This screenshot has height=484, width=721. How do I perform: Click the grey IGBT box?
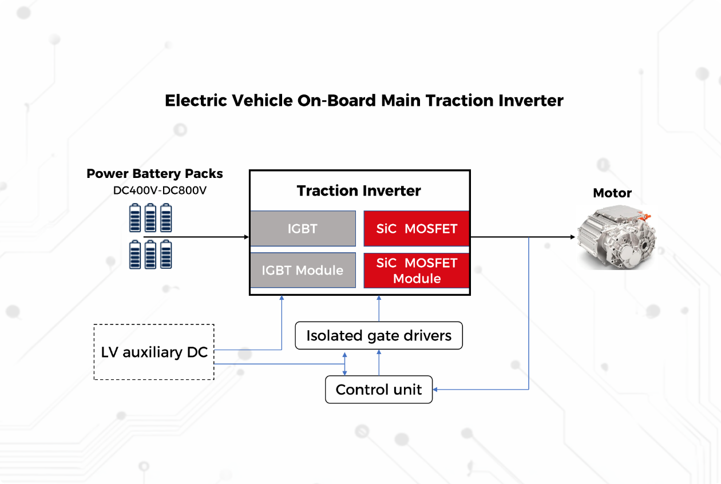coord(303,229)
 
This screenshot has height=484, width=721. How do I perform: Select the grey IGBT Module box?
coord(303,270)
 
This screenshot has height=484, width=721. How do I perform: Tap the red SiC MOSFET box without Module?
coord(417,229)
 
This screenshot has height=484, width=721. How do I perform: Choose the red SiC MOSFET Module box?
coord(417,271)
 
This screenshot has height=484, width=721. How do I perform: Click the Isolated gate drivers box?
coord(378,336)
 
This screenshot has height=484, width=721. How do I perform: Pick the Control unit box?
coord(378,390)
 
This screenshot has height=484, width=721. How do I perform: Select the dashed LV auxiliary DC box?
coord(154,352)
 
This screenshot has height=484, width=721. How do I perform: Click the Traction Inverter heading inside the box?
coord(359,191)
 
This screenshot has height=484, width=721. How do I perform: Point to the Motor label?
coord(612,193)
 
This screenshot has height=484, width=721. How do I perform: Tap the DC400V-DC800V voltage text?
coord(160,191)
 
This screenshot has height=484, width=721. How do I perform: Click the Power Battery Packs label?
coord(154,173)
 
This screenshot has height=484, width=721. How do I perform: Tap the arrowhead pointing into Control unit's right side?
coord(436,390)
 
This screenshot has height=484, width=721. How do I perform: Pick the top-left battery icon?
coord(135,218)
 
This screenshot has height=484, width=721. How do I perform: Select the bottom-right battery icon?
coord(166,255)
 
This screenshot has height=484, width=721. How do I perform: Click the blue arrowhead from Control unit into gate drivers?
coord(378,353)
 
